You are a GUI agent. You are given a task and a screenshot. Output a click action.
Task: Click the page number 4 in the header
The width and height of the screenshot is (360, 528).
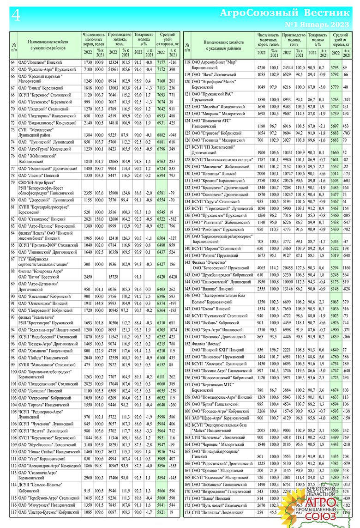tap(15, 16)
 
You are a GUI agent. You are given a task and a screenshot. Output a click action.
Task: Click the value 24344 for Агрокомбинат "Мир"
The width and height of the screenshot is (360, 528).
tap(288, 68)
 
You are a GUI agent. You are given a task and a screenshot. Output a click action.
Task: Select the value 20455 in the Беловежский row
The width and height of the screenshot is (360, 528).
tap(288, 268)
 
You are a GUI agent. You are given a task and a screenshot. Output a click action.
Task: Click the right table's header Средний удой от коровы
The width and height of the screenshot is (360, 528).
tap(340, 41)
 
